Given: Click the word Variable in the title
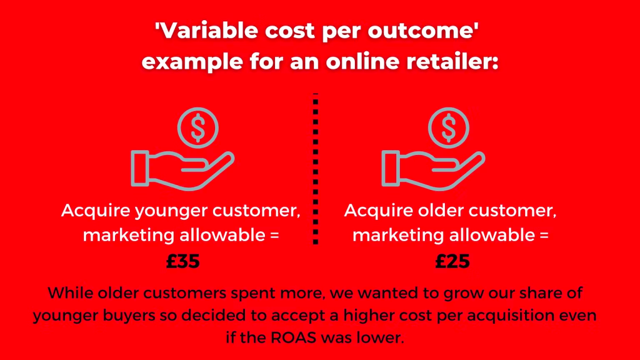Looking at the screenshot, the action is [208, 31].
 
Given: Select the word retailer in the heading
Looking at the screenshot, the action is [452, 61].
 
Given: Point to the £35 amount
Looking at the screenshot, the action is [183, 261].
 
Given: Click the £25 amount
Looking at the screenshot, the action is [452, 261].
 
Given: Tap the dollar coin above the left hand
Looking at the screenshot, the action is [198, 127].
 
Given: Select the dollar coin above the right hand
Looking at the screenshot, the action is [449, 127].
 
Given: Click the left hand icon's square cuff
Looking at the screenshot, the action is [139, 169].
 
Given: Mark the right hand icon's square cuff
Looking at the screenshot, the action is [390, 169].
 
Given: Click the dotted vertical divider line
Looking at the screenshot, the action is [316, 169].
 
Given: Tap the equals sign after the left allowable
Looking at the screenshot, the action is [274, 236].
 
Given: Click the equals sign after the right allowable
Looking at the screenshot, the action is [544, 236].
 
